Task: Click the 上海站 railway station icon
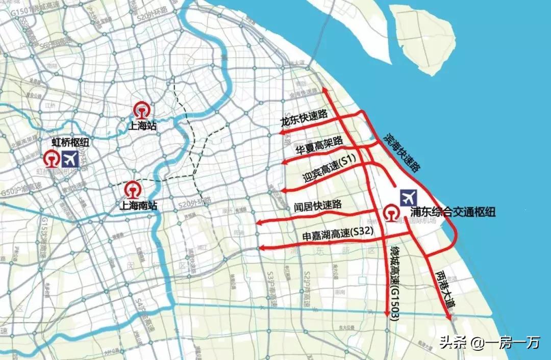pos(141,110)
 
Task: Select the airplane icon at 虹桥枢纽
pos(71,159)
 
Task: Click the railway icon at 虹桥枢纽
pos(51,159)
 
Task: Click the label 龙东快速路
pos(304,121)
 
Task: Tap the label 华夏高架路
pos(318,145)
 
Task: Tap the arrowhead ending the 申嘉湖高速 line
pos(260,248)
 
